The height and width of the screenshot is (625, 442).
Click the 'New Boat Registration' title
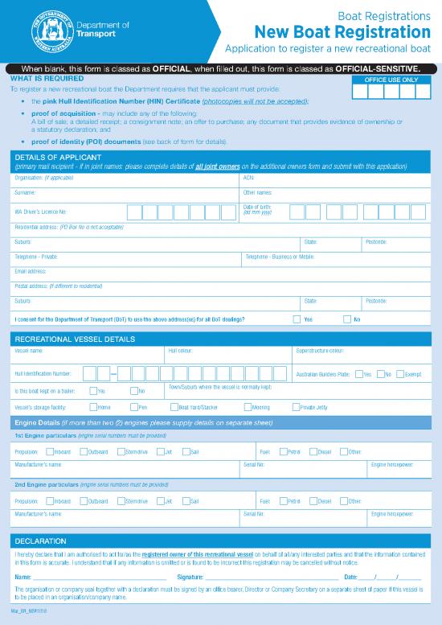(342, 32)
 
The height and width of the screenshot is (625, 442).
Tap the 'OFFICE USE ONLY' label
(391, 80)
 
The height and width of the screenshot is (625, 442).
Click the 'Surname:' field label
(25, 193)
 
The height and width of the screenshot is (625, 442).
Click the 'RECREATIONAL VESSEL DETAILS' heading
(75, 339)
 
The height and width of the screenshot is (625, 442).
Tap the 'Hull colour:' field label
(180, 352)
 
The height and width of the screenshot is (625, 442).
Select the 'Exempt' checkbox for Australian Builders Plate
(399, 374)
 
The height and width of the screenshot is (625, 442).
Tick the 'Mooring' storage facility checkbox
(245, 408)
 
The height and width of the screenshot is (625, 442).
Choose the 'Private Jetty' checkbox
(296, 408)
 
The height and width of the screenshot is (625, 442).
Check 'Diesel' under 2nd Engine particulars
(313, 501)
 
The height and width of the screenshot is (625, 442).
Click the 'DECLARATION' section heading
(40, 541)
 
